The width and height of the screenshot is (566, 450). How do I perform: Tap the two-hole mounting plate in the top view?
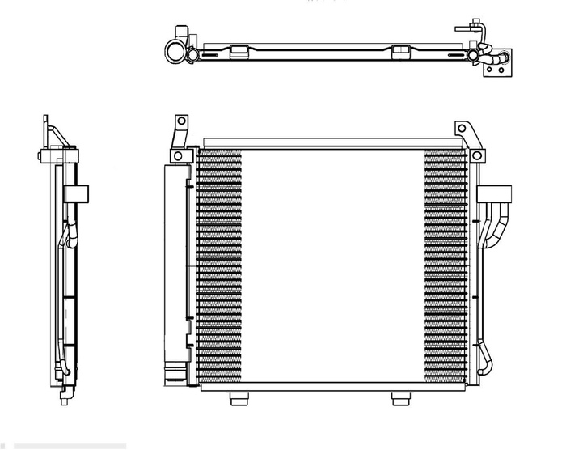pyautogui.click(x=498, y=70)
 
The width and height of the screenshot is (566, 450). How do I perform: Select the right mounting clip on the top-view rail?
pyautogui.click(x=401, y=52)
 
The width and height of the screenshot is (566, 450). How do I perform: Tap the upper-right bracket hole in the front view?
pyautogui.click(x=462, y=129)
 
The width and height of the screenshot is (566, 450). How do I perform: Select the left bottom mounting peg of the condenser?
pyautogui.click(x=239, y=398)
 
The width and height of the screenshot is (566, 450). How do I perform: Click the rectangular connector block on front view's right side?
pyautogui.click(x=496, y=193)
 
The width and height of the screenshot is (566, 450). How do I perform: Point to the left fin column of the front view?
pyautogui.click(x=219, y=267)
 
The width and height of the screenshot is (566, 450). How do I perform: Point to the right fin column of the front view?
pyautogui.click(x=445, y=267)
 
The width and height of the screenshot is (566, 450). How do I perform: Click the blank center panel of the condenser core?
pyautogui.click(x=332, y=267)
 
